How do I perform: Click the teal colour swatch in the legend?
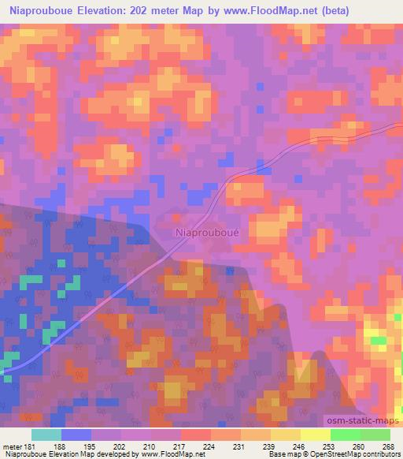point(46,435)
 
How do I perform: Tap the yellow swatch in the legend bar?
point(315,435)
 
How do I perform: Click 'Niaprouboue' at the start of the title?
point(37,10)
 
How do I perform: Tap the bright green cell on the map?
point(379,341)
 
